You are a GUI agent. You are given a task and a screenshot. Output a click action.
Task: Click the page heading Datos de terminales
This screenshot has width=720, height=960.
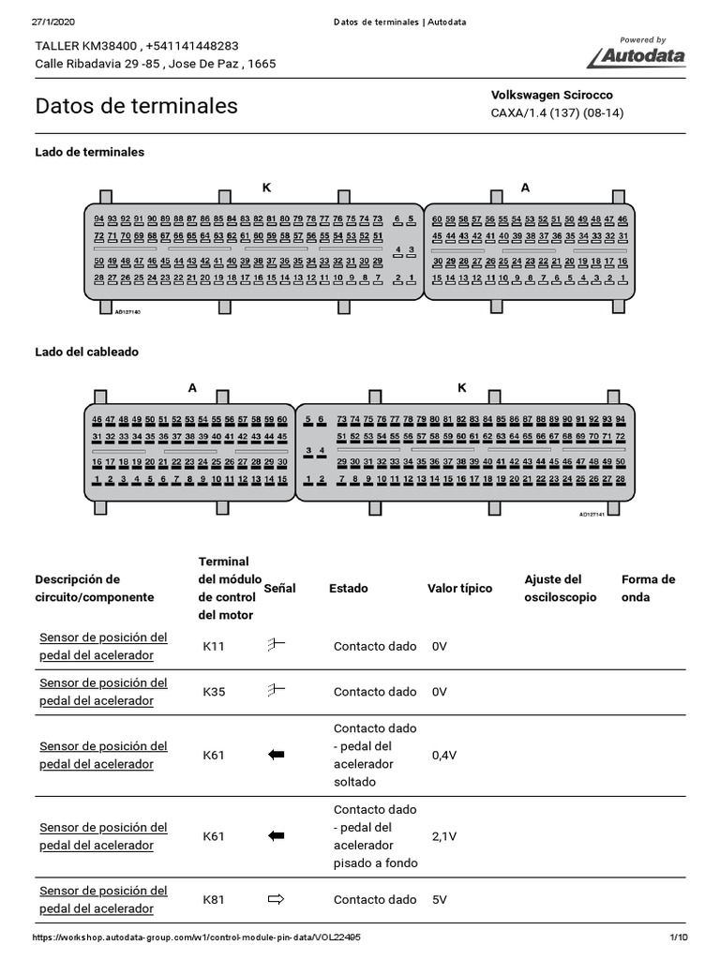point(136,106)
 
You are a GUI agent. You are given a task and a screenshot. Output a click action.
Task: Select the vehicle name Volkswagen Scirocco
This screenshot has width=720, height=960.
point(551,95)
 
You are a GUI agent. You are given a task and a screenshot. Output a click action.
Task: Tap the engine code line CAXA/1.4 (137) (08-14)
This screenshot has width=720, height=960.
point(557,112)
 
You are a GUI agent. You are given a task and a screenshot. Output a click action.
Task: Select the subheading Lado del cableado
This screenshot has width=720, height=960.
point(86,352)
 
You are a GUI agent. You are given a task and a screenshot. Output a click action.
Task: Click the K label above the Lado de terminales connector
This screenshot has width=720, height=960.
point(266,187)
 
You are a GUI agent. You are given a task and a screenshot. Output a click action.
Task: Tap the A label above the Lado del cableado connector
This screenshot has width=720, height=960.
point(193,387)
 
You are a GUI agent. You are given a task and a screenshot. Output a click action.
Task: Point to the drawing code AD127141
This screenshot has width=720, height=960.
point(593,514)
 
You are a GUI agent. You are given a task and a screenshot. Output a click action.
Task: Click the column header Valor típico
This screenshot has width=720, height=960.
point(459,589)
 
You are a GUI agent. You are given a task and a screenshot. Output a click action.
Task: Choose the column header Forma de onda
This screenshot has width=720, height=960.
point(648,588)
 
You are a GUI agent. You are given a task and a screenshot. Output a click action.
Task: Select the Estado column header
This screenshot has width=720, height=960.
point(349,589)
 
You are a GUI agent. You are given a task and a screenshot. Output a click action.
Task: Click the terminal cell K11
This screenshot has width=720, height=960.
point(214,646)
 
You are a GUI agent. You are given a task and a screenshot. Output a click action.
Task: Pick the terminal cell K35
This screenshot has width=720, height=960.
point(214,692)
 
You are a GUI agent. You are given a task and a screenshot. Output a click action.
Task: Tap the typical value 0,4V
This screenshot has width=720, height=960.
point(444,755)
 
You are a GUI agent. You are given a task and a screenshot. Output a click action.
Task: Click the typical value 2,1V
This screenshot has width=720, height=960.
point(444,836)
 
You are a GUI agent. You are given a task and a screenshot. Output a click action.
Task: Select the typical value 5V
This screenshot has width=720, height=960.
point(440,899)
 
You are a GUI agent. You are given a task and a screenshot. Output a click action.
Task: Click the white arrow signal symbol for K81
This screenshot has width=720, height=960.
point(276,899)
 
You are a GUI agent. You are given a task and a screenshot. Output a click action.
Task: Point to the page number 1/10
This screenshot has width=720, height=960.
point(679,937)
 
